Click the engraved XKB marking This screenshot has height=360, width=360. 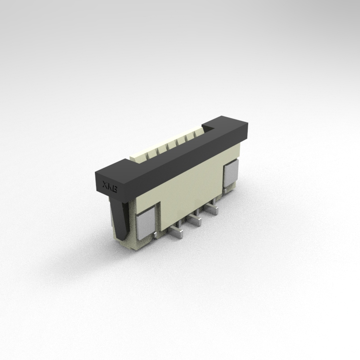109,187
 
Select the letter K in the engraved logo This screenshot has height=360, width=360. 109,187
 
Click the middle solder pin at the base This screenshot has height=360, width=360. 194,220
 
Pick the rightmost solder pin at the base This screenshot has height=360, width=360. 211,208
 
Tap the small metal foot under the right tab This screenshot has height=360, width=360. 226,191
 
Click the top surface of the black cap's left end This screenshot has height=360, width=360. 115,168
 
